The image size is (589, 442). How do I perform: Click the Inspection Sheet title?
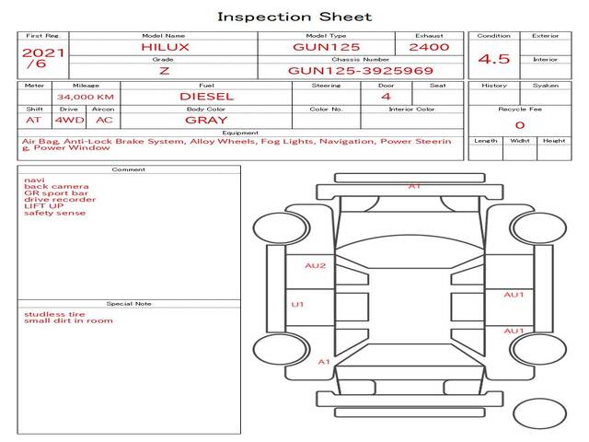tap(294, 17)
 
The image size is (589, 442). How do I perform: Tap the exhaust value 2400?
tap(429, 46)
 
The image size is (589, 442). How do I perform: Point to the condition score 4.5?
tap(494, 60)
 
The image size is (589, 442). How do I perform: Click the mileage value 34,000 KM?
tap(85, 97)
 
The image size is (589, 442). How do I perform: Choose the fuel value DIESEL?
tap(206, 96)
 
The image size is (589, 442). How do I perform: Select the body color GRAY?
tap(206, 120)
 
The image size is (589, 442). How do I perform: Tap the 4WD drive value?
tap(66, 120)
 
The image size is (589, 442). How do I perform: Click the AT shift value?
tap(34, 120)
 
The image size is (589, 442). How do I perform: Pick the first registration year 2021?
tap(43, 52)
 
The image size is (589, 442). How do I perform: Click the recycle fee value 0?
tap(519, 125)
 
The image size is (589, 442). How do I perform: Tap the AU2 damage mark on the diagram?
tap(316, 265)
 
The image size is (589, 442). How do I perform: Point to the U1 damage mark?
tap(297, 304)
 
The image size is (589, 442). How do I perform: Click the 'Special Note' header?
tap(129, 303)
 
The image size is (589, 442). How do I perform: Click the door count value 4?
tap(386, 96)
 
